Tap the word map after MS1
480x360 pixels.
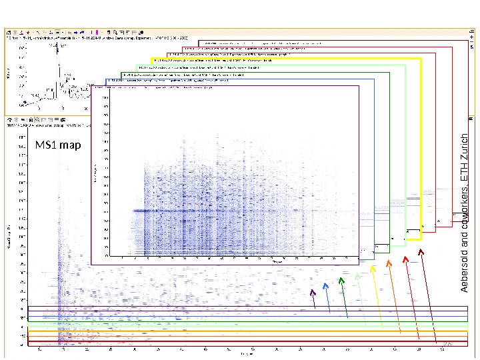pyautogui.click(x=69, y=145)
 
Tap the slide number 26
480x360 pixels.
pyautogui.click(x=448, y=344)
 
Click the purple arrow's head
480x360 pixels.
pyautogui.click(x=312, y=291)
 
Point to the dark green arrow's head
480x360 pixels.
pyautogui.click(x=341, y=280)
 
